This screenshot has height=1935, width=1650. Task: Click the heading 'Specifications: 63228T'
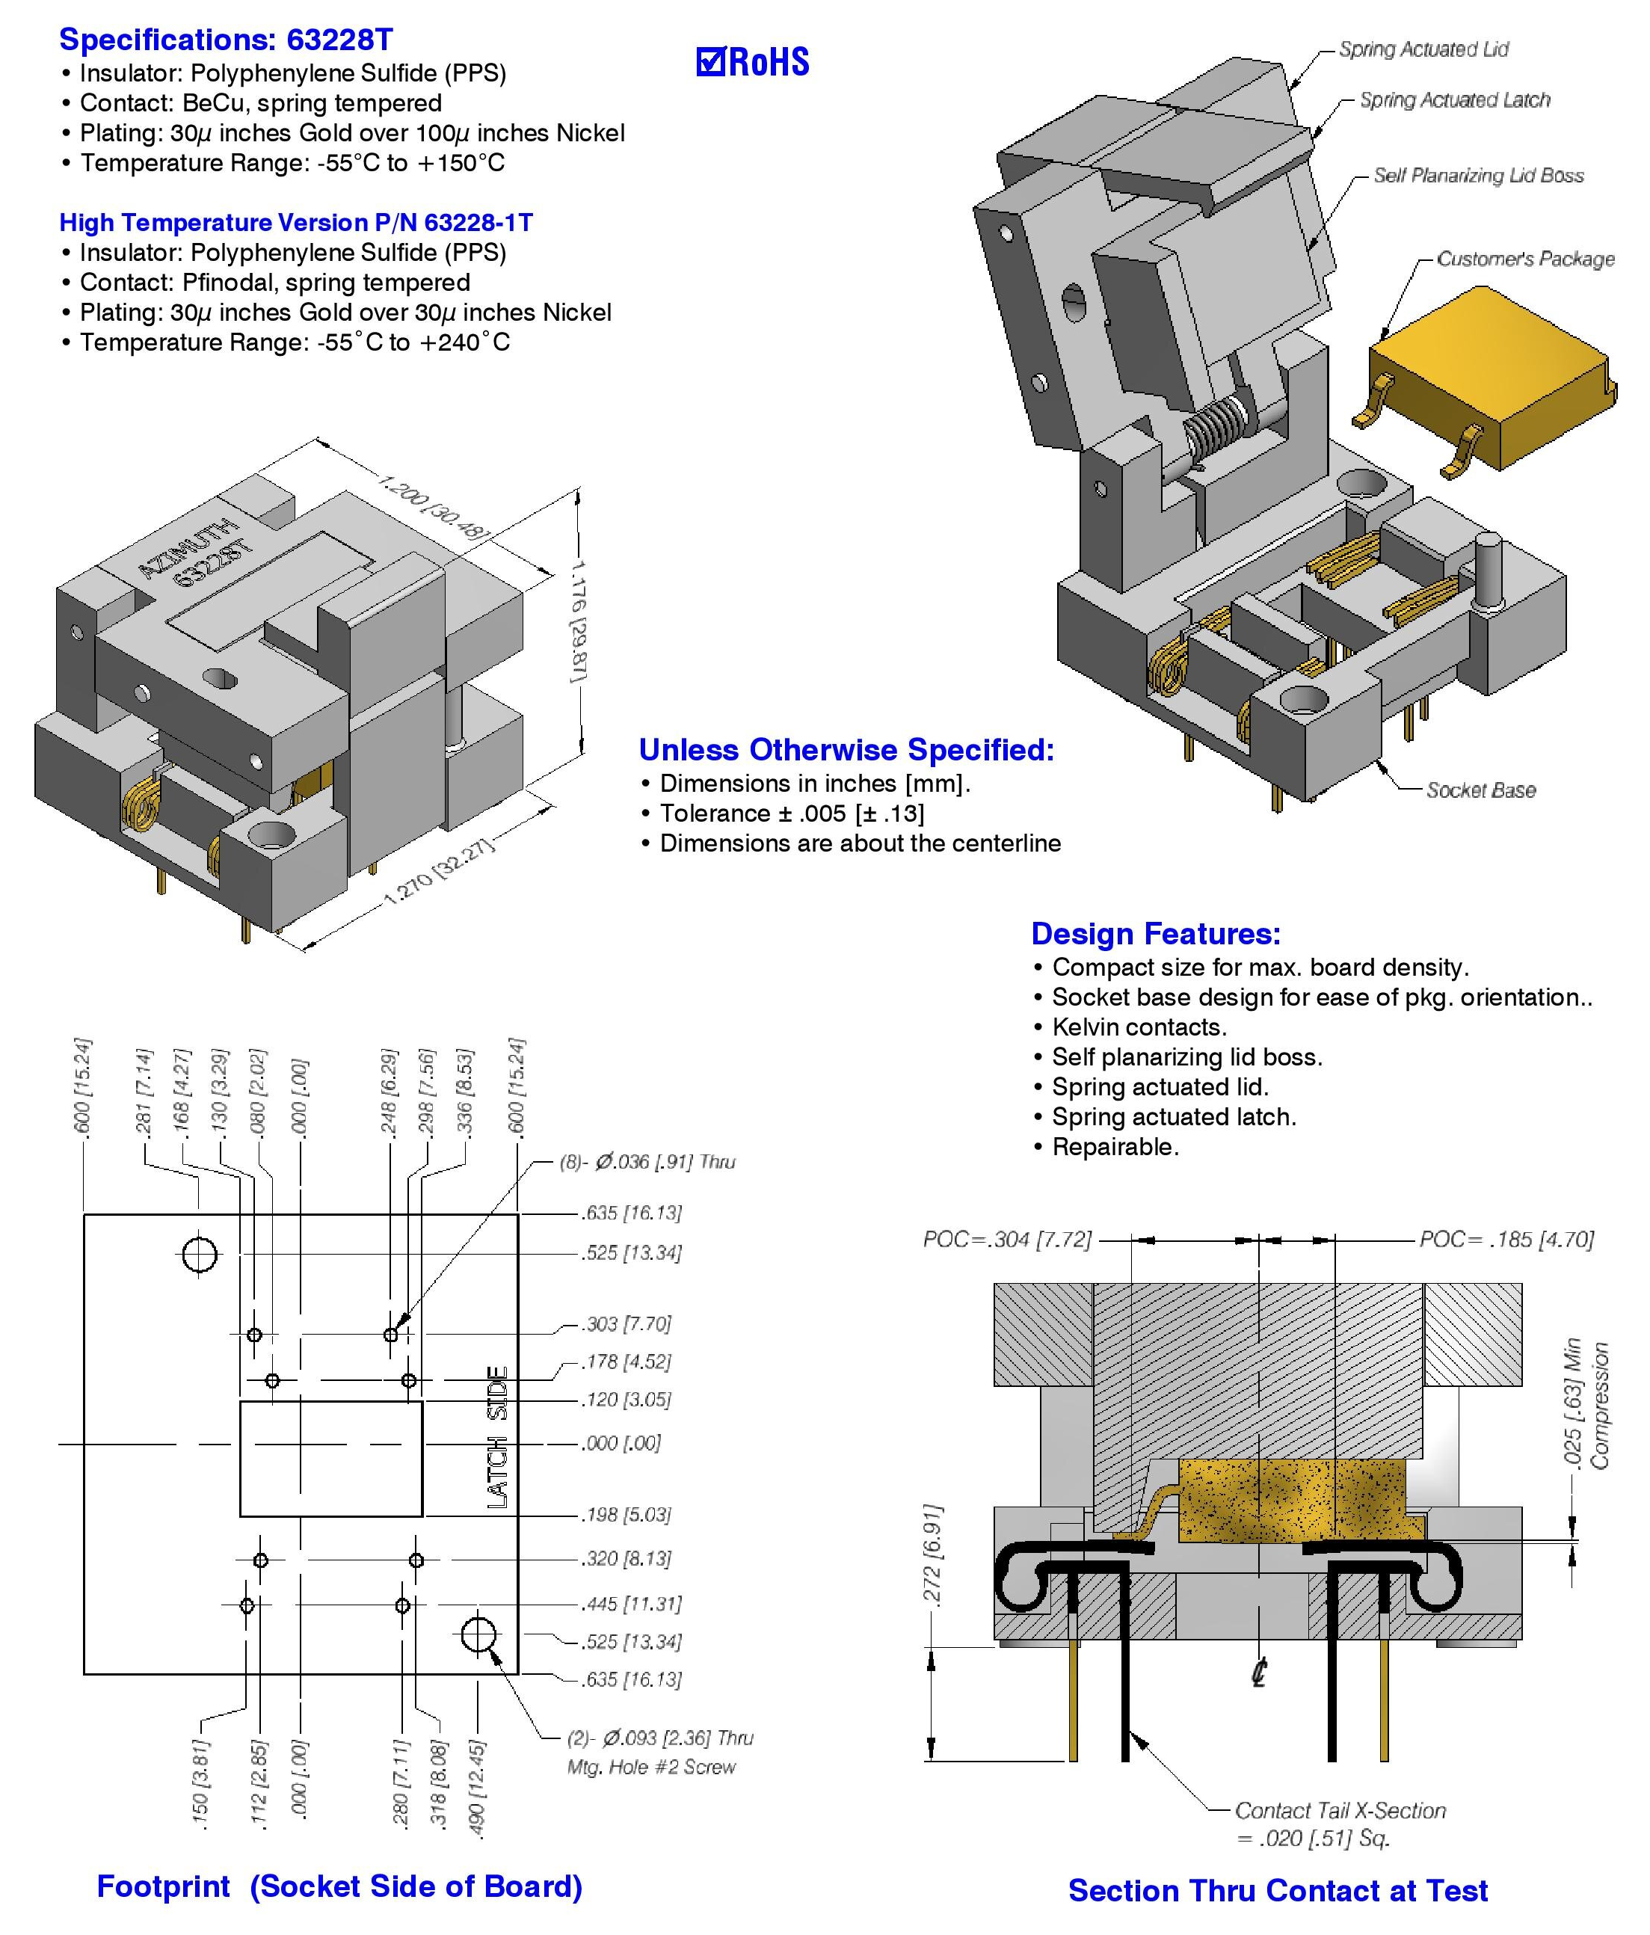[226, 39]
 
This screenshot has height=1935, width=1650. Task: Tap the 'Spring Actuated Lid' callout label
[1423, 49]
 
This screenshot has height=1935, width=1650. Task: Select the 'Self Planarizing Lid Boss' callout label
[1478, 175]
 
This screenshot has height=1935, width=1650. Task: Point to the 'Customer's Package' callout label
[1525, 259]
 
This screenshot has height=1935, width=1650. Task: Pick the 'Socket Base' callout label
[1481, 790]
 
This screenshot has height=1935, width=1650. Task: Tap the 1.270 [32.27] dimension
[439, 873]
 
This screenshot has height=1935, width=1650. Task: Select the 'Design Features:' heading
[1155, 933]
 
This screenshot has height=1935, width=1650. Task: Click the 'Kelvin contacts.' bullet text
[1139, 1027]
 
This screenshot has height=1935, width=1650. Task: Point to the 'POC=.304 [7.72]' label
[1006, 1239]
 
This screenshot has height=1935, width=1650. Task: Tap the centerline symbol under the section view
[1259, 1672]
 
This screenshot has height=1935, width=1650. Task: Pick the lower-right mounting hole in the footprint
[478, 1634]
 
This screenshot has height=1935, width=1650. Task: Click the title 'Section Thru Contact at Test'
[1278, 1890]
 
